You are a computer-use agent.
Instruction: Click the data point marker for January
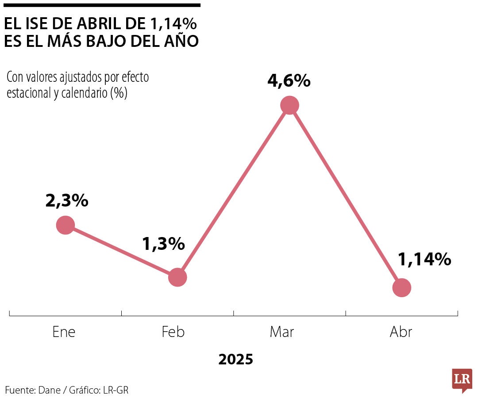[65, 225]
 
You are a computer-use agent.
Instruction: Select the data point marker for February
[177, 277]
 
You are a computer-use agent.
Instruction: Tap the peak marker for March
[290, 105]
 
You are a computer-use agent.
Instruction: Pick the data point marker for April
[402, 287]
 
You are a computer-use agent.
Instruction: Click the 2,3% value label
[67, 201]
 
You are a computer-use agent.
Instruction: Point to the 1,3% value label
[163, 244]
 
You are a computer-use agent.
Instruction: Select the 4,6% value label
[289, 81]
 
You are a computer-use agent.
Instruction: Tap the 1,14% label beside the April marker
[424, 260]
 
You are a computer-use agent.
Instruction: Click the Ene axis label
[64, 332]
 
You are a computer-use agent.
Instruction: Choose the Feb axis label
[173, 332]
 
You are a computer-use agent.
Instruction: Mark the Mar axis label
[281, 332]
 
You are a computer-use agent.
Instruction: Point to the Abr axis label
[401, 332]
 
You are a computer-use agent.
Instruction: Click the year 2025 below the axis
[236, 359]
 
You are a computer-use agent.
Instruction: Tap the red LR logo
[462, 379]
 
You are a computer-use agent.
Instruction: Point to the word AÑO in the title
[181, 41]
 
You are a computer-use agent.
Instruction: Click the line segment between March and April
[346, 196]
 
